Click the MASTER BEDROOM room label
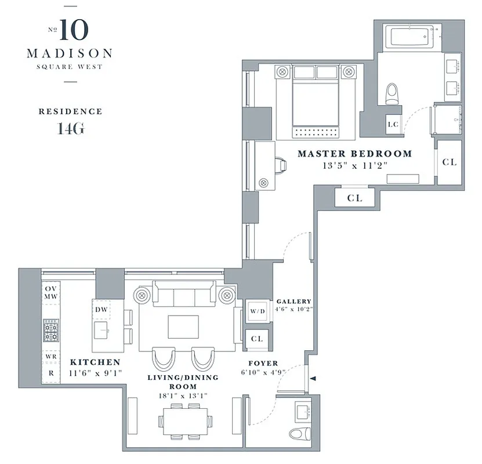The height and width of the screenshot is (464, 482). pyautogui.click(x=354, y=154)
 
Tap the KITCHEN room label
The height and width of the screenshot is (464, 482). pyautogui.click(x=95, y=362)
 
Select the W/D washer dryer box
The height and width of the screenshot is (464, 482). pyautogui.click(x=257, y=311)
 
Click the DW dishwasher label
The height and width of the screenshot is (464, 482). pyautogui.click(x=102, y=310)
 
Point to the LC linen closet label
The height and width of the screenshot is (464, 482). pyautogui.click(x=393, y=124)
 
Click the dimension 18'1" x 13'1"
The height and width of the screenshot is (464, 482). pyautogui.click(x=183, y=396)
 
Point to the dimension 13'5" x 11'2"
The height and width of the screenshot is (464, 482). pyautogui.click(x=354, y=165)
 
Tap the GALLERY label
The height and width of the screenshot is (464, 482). pyautogui.click(x=293, y=302)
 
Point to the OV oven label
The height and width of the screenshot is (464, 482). pyautogui.click(x=50, y=289)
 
